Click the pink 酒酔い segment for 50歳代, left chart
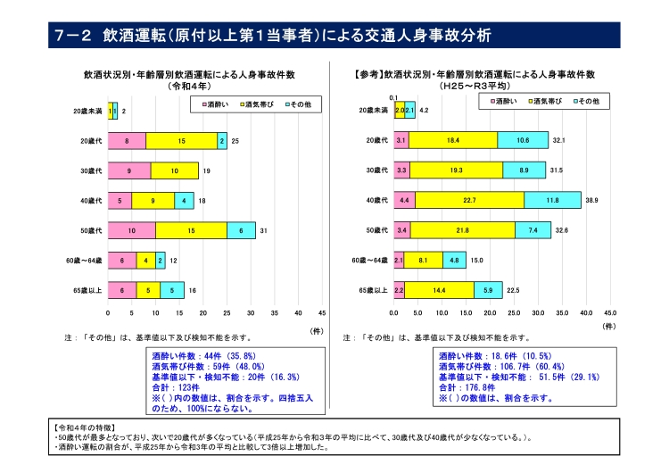tap(132, 230)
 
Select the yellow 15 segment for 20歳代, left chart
tap(181, 141)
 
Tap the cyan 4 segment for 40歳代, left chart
tap(185, 201)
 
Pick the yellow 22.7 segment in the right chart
tap(469, 201)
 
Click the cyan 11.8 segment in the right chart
tap(552, 201)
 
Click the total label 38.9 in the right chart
tap(591, 201)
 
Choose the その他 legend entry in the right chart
tap(584, 102)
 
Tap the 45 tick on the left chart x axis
tap(322, 313)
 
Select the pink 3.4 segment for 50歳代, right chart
tap(401, 230)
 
